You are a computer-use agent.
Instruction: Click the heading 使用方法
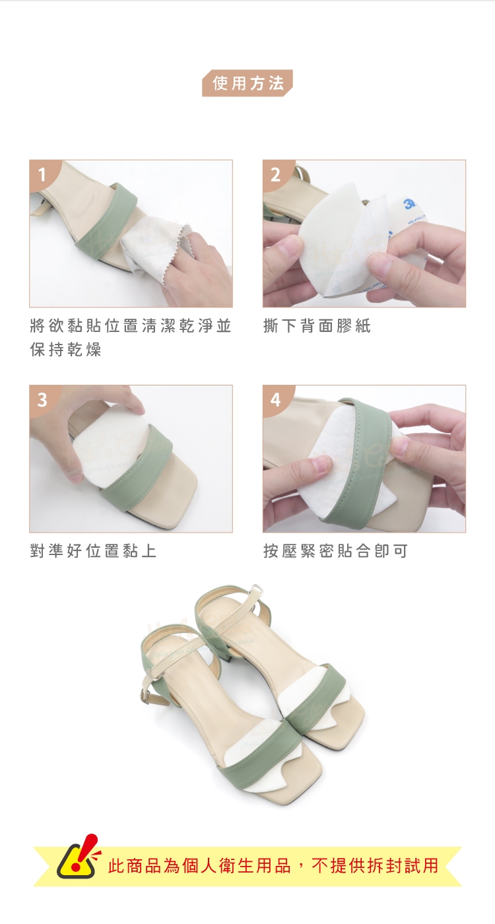[248, 83]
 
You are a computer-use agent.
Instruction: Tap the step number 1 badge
[42, 175]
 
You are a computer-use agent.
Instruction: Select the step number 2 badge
[275, 175]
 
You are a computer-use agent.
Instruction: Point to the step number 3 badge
[42, 400]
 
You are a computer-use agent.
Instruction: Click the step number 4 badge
[275, 400]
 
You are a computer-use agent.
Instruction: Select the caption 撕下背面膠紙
[317, 326]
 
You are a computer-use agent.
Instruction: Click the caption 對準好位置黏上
[93, 550]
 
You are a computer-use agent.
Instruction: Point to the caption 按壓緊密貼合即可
[335, 550]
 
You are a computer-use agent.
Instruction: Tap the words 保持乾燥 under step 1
[65, 350]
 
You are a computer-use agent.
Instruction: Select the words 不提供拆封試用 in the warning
[375, 865]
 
